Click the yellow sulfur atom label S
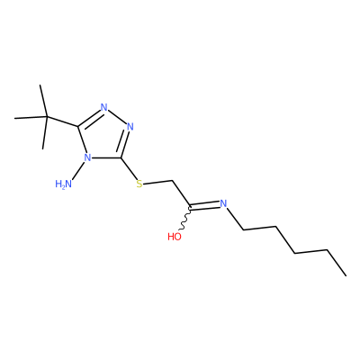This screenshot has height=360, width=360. tap(139, 184)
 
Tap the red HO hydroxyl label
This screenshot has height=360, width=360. tap(175, 237)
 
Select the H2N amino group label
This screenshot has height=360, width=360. tap(64, 184)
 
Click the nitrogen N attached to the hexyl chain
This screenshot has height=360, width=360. tap(223, 203)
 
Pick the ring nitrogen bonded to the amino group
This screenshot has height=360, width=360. tap(87, 157)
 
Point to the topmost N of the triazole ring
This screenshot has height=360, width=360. tap(104, 107)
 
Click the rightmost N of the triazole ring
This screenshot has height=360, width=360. tap(130, 126)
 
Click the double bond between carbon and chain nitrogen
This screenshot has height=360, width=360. tap(204, 205)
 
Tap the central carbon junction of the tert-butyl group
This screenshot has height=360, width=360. tap(47, 117)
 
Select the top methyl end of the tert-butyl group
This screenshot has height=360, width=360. tap(40, 85)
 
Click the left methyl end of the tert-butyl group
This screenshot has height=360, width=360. tap(15, 119)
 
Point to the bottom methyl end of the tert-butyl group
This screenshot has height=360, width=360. tap(43, 148)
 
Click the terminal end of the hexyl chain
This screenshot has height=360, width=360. tap(346, 275)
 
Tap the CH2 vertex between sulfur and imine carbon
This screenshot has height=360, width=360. tap(173, 181)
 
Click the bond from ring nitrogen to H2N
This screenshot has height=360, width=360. tap(78, 171)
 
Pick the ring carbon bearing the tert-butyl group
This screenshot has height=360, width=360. tap(78, 126)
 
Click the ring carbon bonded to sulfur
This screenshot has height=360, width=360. tap(121, 157)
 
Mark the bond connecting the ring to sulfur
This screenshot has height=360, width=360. tap(129, 168)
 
